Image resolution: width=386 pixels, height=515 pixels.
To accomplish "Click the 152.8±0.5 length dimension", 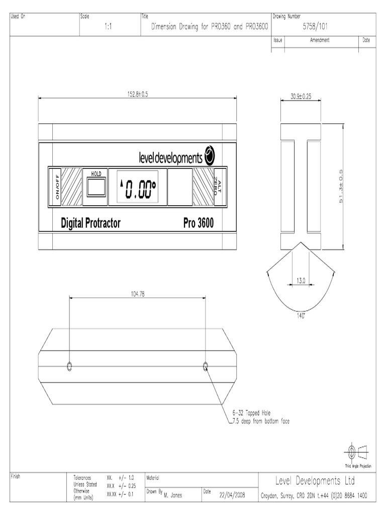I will tap(137, 94).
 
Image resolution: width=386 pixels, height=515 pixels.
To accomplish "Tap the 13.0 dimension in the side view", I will tap(301, 281).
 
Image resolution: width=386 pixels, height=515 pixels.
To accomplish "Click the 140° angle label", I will tap(301, 316).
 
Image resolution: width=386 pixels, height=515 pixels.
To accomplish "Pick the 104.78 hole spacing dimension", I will tap(137, 294).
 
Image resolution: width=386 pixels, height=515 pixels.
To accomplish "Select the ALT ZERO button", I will tap(217, 187).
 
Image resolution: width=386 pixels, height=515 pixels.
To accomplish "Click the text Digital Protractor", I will tap(90, 223).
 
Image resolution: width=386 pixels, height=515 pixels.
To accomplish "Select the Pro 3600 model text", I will tap(198, 223).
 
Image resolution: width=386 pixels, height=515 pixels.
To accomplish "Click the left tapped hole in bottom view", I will tap(69, 365).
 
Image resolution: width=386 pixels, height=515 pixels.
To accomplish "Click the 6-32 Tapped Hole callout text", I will tap(252, 412).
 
